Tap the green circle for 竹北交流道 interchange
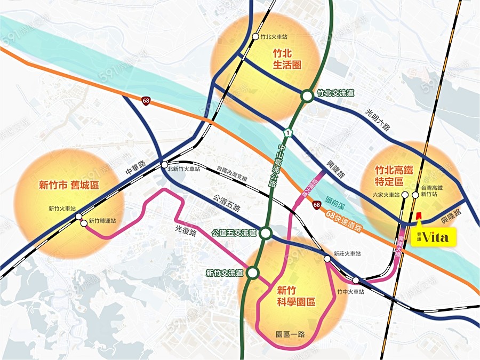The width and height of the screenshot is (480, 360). pyautogui.click(x=307, y=96)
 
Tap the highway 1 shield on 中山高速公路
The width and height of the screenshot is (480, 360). pyautogui.click(x=289, y=131)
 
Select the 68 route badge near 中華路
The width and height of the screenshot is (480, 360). pyautogui.click(x=146, y=100)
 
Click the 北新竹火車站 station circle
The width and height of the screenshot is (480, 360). pyautogui.click(x=164, y=165)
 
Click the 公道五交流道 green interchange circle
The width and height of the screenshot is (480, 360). pyautogui.click(x=266, y=233)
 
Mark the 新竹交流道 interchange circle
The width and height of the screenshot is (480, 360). pyautogui.click(x=253, y=273)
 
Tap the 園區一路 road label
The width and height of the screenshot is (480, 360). pyautogui.click(x=291, y=334)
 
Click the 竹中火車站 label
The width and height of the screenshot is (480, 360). pyautogui.click(x=350, y=292)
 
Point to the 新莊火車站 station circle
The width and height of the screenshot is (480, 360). pyautogui.click(x=327, y=259)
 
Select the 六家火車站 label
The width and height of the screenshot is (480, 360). pyautogui.click(x=387, y=195)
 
